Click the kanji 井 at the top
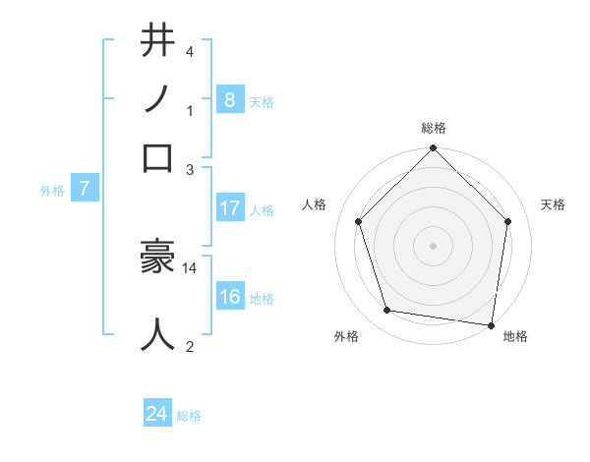158,42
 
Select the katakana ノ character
158,99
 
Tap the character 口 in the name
158,157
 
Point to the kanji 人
158,334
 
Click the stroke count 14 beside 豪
190,267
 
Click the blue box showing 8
229,99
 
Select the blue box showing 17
229,208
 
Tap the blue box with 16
229,298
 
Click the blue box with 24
157,415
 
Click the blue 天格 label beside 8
261,101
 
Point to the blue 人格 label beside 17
261,210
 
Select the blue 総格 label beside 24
189,417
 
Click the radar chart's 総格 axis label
433,128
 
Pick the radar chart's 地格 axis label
515,337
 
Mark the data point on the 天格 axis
507,221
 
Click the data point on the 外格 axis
387,311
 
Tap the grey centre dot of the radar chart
433,245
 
